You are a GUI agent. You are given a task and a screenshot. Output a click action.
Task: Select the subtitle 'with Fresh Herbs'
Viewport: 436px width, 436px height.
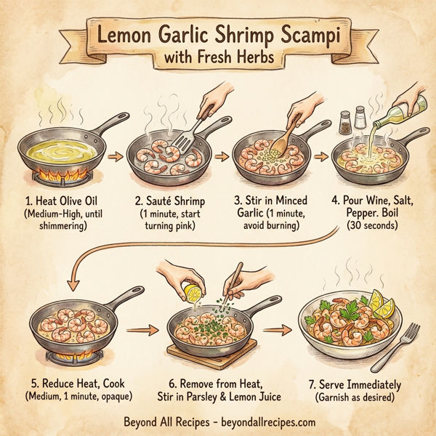(218, 57)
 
